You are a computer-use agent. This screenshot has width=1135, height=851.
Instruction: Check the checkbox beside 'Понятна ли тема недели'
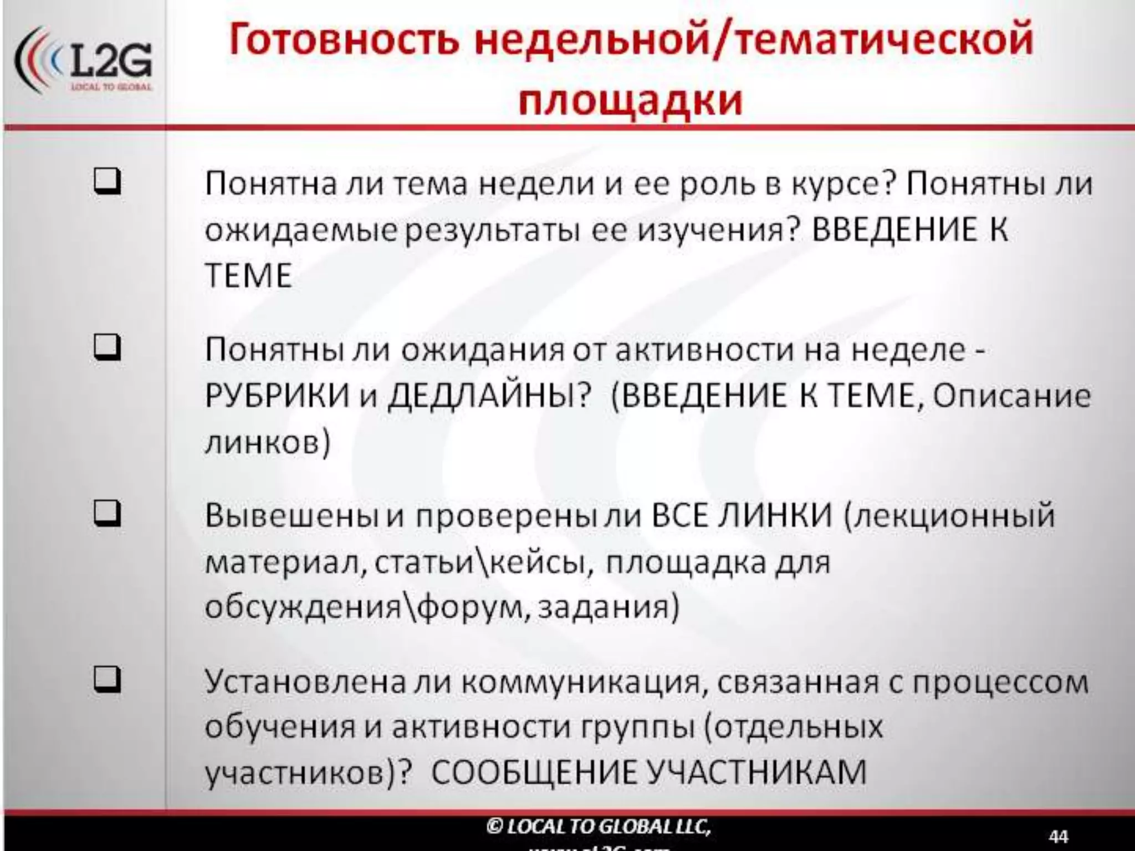[x=107, y=182]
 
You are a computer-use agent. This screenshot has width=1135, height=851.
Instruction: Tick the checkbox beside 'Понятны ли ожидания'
[x=107, y=348]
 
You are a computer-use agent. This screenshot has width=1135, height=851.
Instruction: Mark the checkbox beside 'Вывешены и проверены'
[x=107, y=514]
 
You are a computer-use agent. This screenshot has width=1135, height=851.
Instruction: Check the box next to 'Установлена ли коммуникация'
[x=107, y=680]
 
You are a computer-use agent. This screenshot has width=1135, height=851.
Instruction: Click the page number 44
[x=1058, y=835]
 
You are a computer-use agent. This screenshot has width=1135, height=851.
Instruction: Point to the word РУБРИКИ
[x=277, y=396]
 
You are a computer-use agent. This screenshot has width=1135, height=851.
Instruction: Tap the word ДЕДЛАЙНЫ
[x=487, y=396]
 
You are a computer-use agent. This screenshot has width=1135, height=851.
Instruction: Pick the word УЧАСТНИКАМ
[x=757, y=772]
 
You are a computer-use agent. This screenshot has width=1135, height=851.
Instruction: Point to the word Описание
[x=1012, y=396]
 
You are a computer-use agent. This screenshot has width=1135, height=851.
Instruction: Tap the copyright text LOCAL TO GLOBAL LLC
[x=599, y=826]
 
